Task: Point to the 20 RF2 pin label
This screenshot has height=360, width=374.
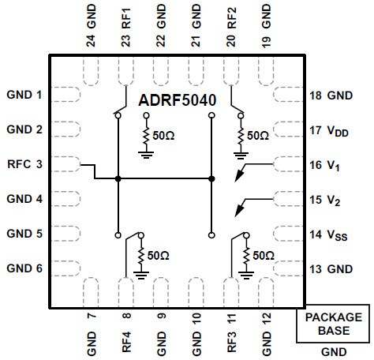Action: (230, 24)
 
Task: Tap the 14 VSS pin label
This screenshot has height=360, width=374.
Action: (330, 234)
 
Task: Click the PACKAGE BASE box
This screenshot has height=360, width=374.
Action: (334, 324)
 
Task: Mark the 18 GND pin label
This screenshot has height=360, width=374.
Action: (331, 95)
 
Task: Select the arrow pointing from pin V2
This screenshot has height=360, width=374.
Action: (254, 204)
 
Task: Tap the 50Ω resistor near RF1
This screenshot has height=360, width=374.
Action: (146, 136)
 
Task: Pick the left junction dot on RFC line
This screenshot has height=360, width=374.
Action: (118, 179)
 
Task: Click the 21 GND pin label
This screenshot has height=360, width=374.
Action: (196, 24)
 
